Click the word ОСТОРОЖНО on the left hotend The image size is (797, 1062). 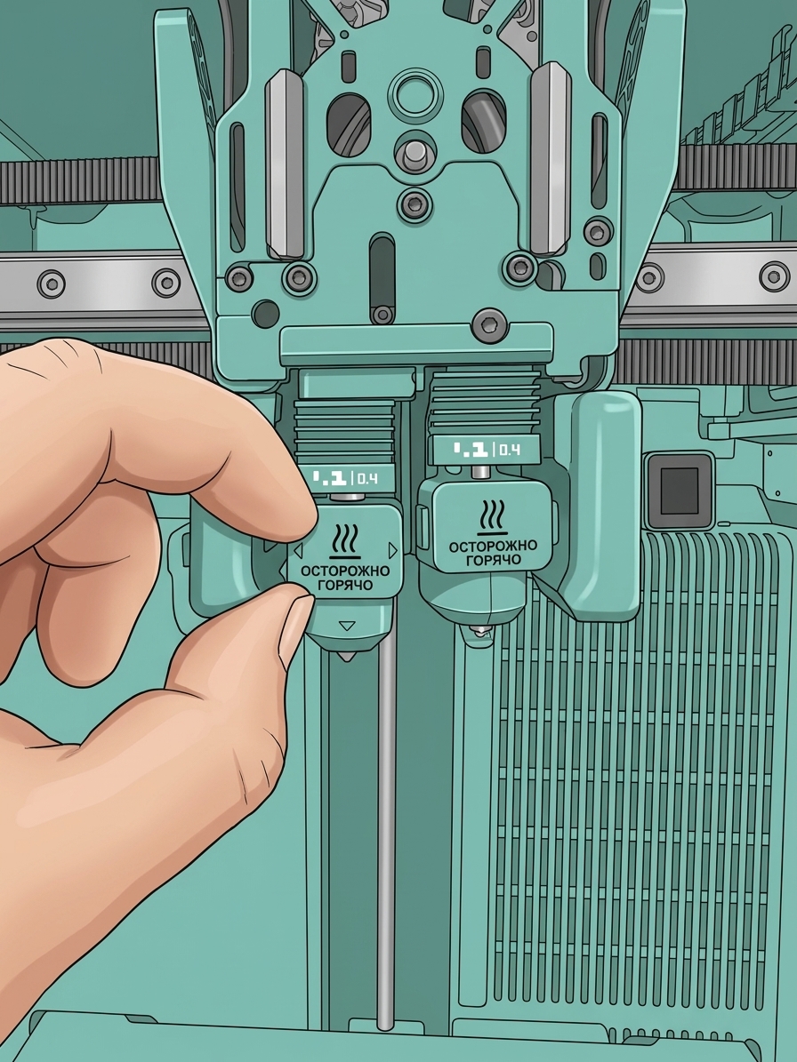(345, 571)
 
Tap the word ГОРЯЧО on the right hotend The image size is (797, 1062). (494, 560)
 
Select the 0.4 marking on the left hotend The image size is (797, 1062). (366, 480)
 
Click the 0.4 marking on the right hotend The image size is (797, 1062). (510, 450)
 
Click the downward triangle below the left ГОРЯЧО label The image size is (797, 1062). (347, 627)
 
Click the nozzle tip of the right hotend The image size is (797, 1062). (480, 634)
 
